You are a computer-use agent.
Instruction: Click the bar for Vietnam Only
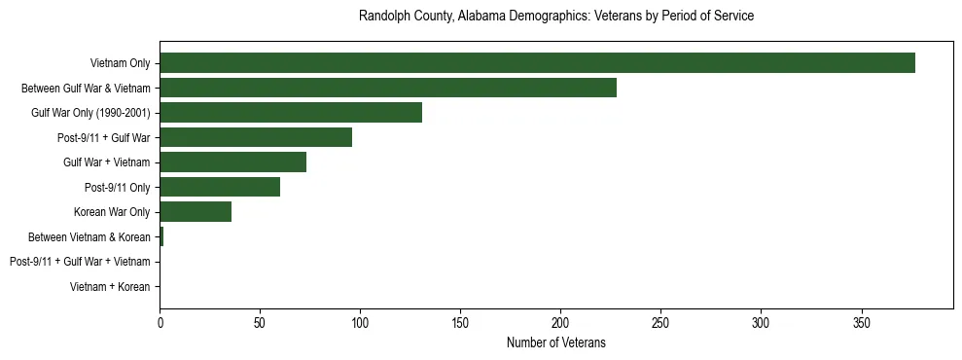click(537, 63)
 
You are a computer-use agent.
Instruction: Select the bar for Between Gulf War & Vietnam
click(388, 88)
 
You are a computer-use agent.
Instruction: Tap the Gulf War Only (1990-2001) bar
click(291, 113)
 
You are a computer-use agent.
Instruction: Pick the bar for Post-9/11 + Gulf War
click(256, 137)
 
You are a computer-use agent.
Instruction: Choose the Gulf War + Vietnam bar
click(232, 162)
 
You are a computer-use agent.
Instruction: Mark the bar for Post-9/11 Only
click(220, 187)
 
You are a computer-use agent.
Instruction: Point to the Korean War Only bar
click(196, 212)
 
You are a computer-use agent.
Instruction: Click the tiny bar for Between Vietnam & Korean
click(161, 236)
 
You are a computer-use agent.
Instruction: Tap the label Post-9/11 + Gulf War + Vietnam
click(80, 262)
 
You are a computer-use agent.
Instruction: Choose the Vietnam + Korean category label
click(110, 287)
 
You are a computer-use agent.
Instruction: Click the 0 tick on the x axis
click(160, 321)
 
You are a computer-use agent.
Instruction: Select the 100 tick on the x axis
click(360, 321)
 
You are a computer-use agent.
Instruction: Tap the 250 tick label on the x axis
click(660, 321)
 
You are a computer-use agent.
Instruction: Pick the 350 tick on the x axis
click(861, 321)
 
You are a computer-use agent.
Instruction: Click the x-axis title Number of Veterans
click(555, 342)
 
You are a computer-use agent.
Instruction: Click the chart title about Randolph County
click(555, 17)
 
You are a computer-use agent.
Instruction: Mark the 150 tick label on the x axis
click(460, 321)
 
